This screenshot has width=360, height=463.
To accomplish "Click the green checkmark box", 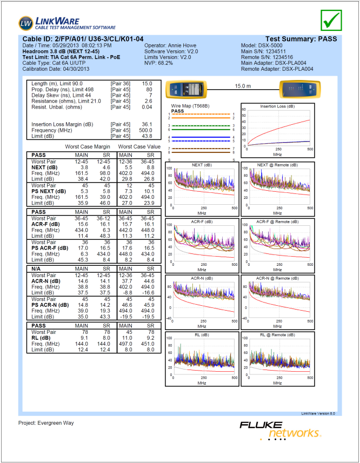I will pos(331,20).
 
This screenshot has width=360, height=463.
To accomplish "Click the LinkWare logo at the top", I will pos(67,23).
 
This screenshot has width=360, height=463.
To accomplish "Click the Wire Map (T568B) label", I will pos(190,106).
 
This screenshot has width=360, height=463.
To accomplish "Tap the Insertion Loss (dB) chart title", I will pos(277,106).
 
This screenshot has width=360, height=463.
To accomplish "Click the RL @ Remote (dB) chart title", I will pos(277,335).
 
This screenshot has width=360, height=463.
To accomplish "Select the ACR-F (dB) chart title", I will pos(202,222).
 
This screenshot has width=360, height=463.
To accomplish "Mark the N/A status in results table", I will pos(37,268).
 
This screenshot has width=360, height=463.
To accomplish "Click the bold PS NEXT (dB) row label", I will pos(49,191).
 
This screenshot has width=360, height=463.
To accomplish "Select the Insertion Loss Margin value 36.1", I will pos(146,124).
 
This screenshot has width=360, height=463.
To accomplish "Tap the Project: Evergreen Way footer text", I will pos(46,423).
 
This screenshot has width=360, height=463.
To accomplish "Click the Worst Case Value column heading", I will pos(139,146).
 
